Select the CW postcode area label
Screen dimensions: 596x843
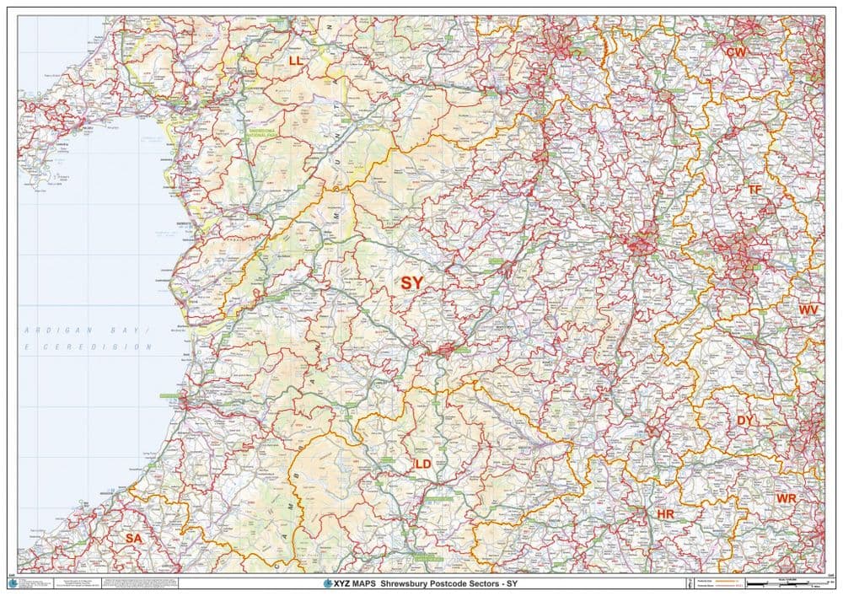(736, 52)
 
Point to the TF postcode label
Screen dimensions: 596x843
(754, 190)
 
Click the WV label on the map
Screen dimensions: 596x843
(808, 310)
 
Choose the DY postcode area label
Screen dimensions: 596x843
(745, 420)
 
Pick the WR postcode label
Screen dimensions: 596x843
(786, 499)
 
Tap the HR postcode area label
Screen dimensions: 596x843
(664, 513)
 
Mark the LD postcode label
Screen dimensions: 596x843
(422, 464)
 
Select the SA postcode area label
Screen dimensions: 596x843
(133, 538)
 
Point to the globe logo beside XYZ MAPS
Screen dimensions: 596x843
(328, 583)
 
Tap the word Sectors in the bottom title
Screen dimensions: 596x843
(486, 583)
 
